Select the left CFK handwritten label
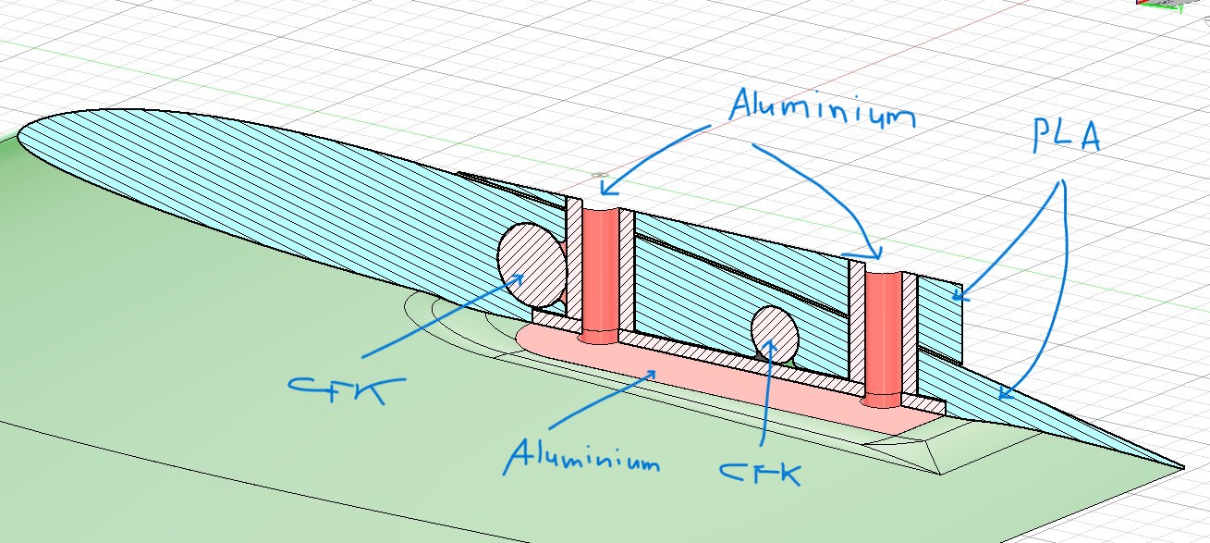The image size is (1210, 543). [x=337, y=388]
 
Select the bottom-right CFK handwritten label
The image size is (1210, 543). [x=760, y=471]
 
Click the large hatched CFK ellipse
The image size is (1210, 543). [x=532, y=265]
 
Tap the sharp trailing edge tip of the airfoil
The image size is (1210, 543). [x=1181, y=464]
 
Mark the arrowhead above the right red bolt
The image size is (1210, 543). [x=875, y=256]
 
